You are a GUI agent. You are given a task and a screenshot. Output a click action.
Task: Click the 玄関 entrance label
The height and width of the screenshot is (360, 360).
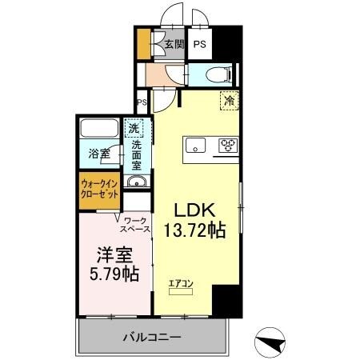click(174, 44)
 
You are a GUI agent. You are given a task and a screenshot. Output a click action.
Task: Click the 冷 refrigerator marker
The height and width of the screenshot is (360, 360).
click(230, 102)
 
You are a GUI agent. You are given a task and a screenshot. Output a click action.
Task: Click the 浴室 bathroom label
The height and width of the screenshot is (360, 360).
click(99, 153)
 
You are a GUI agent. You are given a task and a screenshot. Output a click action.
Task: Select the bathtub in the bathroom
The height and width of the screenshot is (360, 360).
click(101, 129)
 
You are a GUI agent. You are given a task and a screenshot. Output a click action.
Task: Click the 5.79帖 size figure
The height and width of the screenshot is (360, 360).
click(113, 274)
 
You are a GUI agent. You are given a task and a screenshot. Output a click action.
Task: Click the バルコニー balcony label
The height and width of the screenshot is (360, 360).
click(151, 336)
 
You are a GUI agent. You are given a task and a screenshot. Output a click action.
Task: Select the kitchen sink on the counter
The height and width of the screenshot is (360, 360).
click(197, 145)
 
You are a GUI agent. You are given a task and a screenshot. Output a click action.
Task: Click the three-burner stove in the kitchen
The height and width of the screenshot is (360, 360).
click(229, 145)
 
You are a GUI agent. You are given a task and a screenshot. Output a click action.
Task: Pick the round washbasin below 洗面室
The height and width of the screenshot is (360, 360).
click(136, 183)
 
